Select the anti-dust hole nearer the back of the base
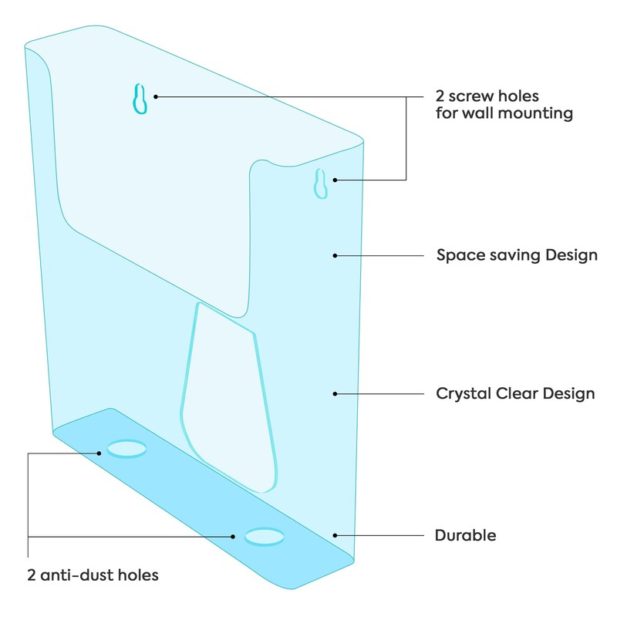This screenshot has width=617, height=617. tap(126, 449)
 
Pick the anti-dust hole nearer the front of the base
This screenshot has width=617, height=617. tap(265, 537)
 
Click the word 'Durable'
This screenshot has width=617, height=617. tap(466, 535)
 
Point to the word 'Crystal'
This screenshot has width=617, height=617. tap(464, 394)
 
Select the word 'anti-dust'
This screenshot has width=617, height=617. tap(77, 575)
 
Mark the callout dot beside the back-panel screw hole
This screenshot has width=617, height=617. tap(156, 97)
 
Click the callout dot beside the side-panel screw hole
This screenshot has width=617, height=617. tap(335, 180)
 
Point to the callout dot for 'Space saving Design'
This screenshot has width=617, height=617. tap(335, 256)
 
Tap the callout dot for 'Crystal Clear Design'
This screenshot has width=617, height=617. tap(335, 394)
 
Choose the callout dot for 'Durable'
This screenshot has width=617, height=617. tap(335, 535)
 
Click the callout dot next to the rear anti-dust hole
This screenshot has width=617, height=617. tap(99, 453)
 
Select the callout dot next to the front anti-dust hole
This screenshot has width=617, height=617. tap(233, 536)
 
